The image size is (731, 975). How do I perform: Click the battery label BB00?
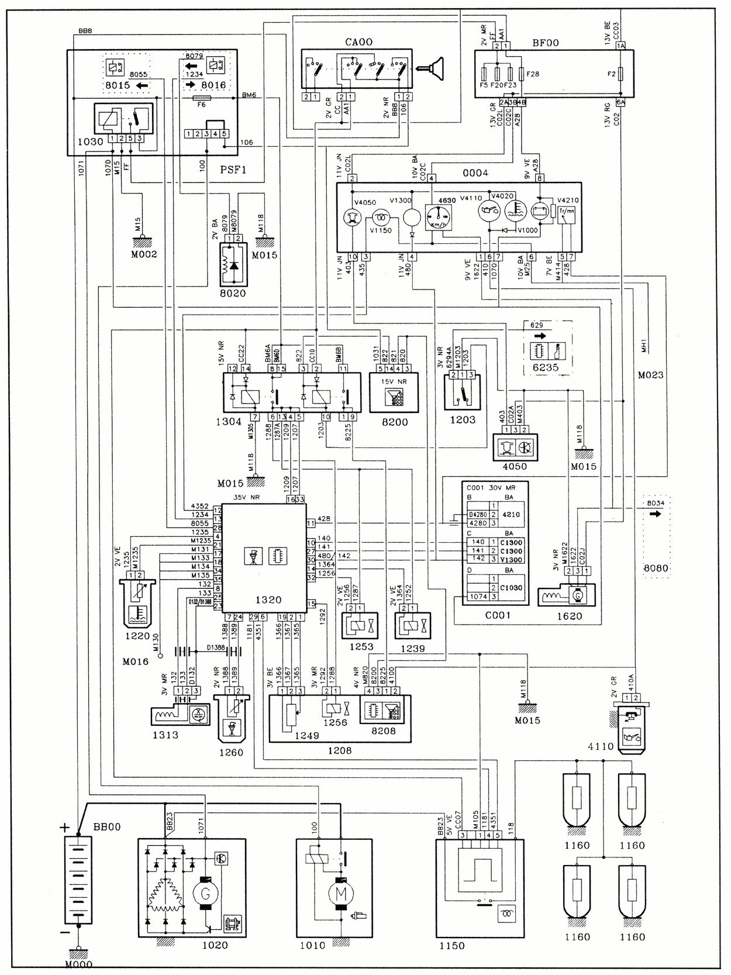pyautogui.click(x=107, y=827)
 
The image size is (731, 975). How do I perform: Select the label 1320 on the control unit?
pyautogui.click(x=268, y=600)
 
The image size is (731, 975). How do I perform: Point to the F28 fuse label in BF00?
pyautogui.click(x=533, y=74)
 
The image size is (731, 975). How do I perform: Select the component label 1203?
pyautogui.click(x=463, y=419)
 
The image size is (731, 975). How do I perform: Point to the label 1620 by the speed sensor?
pyautogui.click(x=569, y=616)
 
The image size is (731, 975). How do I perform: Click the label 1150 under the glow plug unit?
pyautogui.click(x=451, y=946)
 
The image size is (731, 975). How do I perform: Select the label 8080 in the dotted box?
pyautogui.click(x=656, y=568)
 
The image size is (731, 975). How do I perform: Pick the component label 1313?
pyautogui.click(x=165, y=735)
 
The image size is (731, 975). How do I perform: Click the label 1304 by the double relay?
pyautogui.click(x=227, y=421)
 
